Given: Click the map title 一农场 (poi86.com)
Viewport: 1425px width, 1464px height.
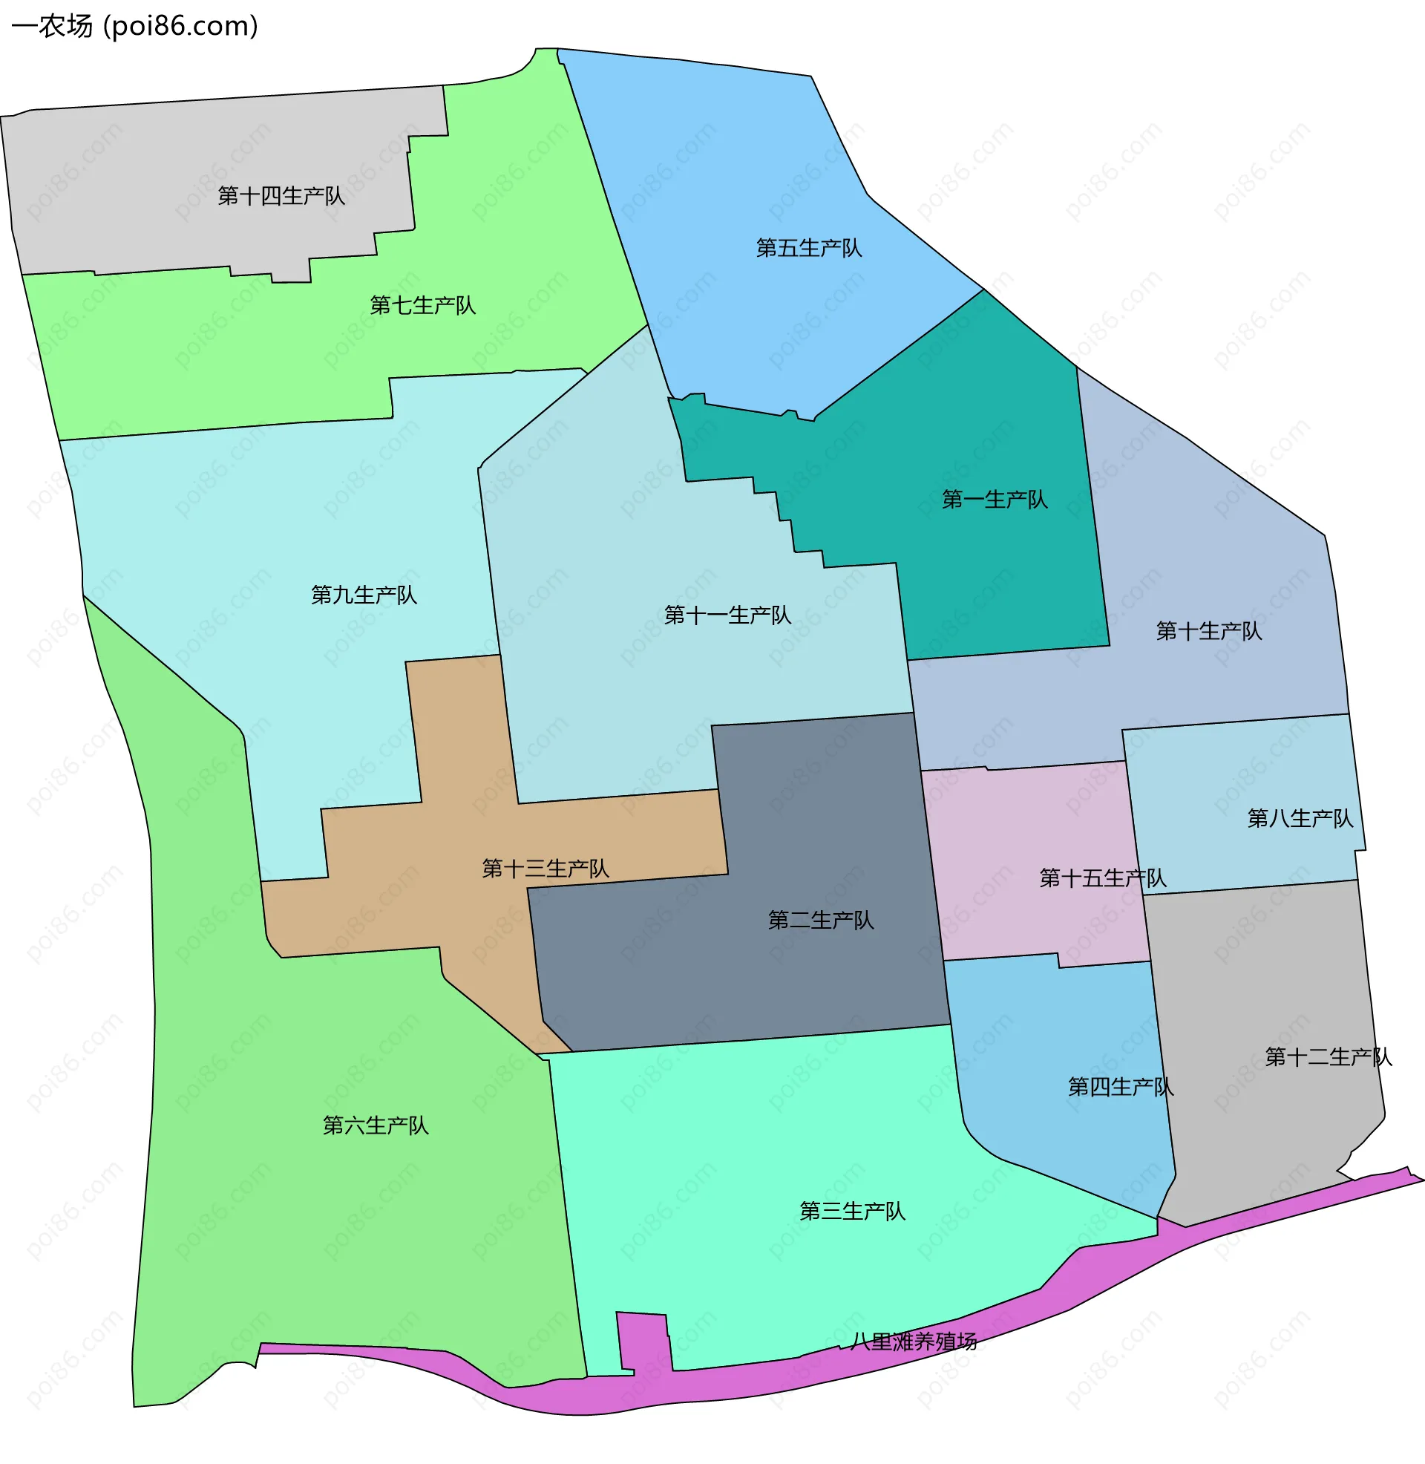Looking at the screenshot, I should coord(135,26).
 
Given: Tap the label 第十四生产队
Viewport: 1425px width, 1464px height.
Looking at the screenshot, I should coord(281,196).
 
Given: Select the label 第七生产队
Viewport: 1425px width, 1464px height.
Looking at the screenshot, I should coord(423,305).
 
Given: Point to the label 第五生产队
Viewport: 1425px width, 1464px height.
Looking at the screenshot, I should coord(809,248).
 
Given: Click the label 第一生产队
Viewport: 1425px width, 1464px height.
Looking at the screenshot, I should coord(995,499).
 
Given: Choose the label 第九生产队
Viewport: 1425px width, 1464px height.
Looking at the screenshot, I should coord(364,595).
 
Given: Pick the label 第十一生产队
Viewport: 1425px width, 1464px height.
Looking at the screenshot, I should coord(727,615).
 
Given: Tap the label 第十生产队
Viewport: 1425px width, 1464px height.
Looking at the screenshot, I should coord(1209,631).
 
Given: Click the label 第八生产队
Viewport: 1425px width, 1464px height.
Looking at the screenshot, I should coord(1300,818).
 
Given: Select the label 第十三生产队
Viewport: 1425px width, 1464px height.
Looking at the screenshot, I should coord(546,868).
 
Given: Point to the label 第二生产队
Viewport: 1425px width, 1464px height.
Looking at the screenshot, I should coord(821,920).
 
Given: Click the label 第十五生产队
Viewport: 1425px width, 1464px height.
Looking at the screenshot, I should coord(1102,878).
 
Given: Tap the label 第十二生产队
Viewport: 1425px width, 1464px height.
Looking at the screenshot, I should coord(1329,1057).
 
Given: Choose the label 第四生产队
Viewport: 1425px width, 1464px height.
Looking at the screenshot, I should coord(1121,1087).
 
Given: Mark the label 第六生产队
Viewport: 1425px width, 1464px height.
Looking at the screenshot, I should coord(376,1125).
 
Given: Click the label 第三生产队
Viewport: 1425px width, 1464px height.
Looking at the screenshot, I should coord(853,1211).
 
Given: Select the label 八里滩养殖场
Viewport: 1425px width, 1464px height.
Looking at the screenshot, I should coord(914,1342).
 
